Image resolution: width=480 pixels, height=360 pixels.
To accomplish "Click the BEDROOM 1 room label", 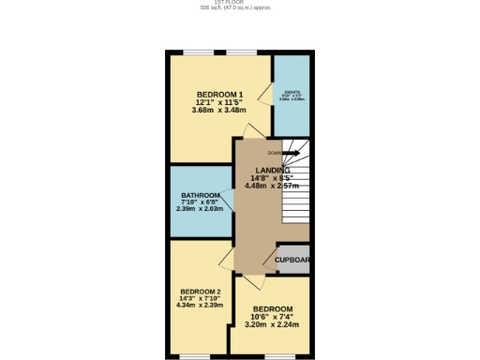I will (220, 94).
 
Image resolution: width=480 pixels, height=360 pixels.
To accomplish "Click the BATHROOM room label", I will (201, 196).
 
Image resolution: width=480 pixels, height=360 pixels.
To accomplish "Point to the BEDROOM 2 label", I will (200, 292).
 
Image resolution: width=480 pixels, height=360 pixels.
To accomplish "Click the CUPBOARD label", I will (292, 260).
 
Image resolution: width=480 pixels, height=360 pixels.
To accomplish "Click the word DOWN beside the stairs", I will (274, 153).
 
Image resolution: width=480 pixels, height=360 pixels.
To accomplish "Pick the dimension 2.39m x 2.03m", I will (201, 208).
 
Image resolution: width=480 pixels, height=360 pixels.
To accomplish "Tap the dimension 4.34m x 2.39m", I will (200, 305).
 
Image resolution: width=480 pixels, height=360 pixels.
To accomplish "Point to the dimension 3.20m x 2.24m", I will (272, 325).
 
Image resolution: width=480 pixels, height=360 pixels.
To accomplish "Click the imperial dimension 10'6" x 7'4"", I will (272, 317).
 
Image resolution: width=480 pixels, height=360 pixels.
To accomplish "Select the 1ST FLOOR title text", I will (240, 3).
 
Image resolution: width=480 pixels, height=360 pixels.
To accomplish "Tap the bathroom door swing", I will (228, 199).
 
